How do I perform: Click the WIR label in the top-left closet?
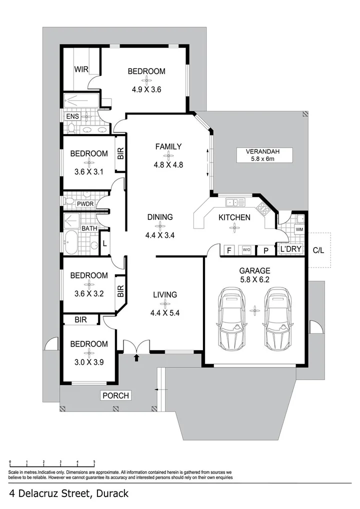coord(81,69)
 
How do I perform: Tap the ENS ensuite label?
coord(73,116)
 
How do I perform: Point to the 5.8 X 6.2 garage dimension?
coord(255,279)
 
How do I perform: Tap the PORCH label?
coord(115,395)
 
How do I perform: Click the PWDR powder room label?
coord(86,204)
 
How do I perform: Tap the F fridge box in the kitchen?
coord(228,250)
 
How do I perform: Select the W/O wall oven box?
coord(246,250)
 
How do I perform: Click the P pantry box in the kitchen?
coord(266,250)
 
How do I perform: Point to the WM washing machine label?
coord(299,229)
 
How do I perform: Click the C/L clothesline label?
coord(318,250)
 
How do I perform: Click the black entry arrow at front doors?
coord(137,357)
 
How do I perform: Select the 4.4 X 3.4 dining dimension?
coord(159,234)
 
